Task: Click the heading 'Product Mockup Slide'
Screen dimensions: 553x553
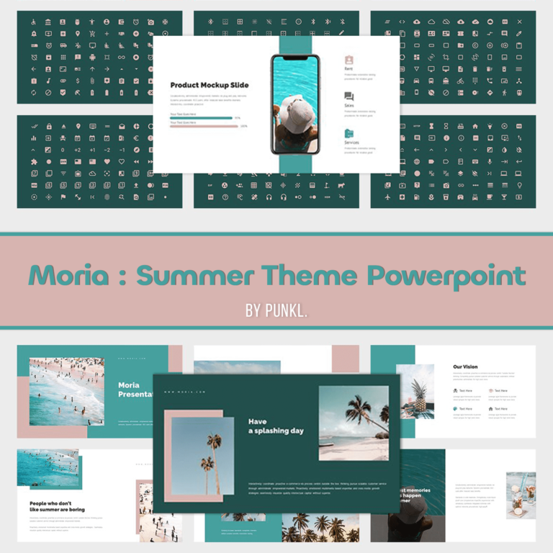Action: coord(210,85)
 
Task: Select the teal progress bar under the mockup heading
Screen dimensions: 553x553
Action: coord(201,118)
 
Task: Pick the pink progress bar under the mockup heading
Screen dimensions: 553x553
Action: coord(204,126)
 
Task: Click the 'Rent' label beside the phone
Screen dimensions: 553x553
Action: coord(349,69)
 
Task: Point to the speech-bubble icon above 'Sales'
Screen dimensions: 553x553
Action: coord(349,96)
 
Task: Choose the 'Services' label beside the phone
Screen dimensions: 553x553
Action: coord(352,143)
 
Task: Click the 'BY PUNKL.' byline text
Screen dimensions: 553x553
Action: coord(276,310)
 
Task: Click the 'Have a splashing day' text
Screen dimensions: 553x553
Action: coord(276,426)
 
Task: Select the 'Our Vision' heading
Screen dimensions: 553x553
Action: coord(465,367)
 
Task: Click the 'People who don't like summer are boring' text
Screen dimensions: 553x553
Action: coord(57,506)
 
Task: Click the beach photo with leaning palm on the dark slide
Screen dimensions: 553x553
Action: coord(353,423)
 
